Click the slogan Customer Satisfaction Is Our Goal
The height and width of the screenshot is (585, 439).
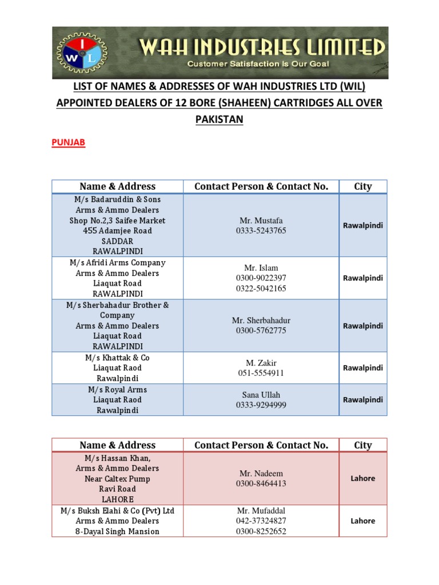tap(258, 64)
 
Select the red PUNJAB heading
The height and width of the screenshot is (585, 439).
tap(69, 143)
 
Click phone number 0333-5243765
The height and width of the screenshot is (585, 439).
tap(261, 231)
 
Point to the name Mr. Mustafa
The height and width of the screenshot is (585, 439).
tap(261, 221)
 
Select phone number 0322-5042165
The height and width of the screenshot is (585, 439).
tap(261, 289)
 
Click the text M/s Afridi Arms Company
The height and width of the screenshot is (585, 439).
tap(117, 263)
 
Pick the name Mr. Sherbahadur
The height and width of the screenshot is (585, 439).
tap(261, 320)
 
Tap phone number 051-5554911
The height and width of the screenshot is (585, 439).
tap(261, 373)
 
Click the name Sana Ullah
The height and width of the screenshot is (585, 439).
tap(261, 395)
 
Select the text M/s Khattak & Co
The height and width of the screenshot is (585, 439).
tap(117, 358)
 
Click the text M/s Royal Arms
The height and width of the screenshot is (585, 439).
tap(117, 390)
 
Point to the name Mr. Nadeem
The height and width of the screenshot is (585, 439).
tap(261, 474)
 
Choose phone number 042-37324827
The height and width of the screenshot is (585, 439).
tap(261, 521)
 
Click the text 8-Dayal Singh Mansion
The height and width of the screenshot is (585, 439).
tap(117, 531)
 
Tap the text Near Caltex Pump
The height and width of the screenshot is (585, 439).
tap(117, 479)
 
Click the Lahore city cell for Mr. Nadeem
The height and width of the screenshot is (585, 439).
tap(362, 479)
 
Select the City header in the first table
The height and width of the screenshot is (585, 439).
tap(362, 186)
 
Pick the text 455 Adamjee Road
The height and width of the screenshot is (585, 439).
tap(117, 231)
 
